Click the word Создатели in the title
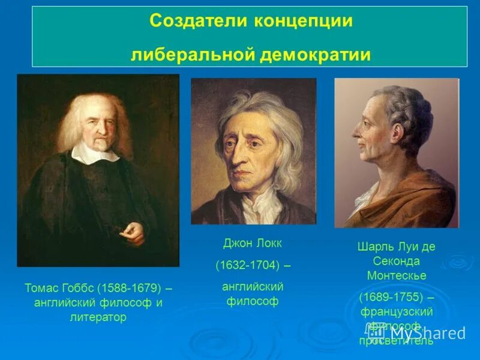(191, 21)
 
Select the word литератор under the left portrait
(98, 317)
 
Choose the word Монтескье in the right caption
(397, 275)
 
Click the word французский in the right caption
(397, 311)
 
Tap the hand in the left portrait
(133, 232)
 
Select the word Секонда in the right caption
(397, 261)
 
